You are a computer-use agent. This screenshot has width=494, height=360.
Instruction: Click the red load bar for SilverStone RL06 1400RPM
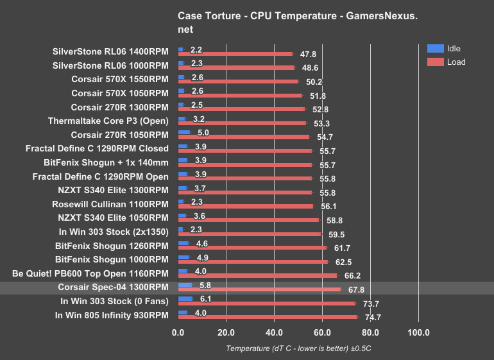[x=235, y=55]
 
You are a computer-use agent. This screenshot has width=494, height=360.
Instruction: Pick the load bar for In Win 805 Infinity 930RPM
[x=268, y=317]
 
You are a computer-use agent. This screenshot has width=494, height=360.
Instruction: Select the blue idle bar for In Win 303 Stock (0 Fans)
[x=185, y=298]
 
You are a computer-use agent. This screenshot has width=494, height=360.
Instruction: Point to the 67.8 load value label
[x=357, y=290]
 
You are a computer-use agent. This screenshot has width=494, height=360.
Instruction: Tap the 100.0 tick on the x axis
[x=418, y=332]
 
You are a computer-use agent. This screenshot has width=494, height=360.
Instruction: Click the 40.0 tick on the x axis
[x=274, y=332]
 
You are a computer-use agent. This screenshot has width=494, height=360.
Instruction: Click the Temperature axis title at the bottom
[x=298, y=348]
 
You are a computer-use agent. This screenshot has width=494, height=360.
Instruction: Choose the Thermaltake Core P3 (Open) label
[x=108, y=121]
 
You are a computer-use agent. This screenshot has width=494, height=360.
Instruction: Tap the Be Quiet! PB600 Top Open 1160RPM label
[x=90, y=273]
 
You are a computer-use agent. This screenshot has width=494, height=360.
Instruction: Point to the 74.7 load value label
[x=373, y=317]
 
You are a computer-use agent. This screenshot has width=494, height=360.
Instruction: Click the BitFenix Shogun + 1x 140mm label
[x=106, y=162]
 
